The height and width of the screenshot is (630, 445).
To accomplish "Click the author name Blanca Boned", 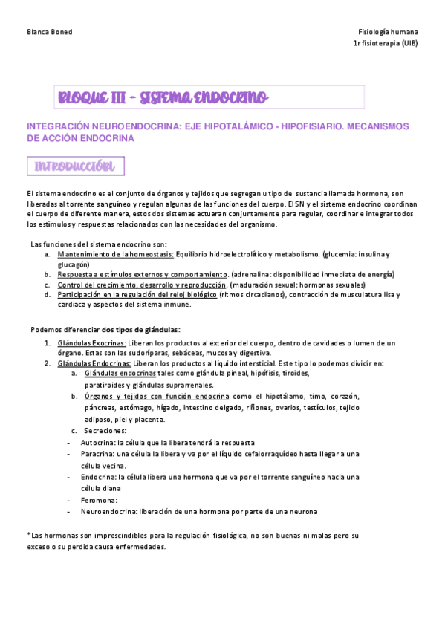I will click(49, 33).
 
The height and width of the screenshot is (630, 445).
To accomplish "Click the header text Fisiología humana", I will click(388, 33).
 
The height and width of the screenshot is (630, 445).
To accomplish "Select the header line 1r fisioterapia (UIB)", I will click(386, 43).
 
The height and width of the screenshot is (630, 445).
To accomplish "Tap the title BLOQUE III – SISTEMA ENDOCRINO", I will click(163, 97).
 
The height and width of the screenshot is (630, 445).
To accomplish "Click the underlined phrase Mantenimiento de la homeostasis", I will click(115, 254).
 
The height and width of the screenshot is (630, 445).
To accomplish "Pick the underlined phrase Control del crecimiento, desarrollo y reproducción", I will click(141, 285).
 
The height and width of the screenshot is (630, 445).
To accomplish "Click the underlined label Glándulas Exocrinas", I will click(91, 343).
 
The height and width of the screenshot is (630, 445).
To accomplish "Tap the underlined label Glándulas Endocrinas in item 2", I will click(93, 363).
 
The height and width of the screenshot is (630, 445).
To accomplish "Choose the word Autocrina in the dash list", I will click(99, 441).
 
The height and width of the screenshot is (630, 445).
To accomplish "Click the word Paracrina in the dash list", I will click(98, 453).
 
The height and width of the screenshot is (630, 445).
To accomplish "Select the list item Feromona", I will click(100, 501).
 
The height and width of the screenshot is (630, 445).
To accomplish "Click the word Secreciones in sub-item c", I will click(105, 430).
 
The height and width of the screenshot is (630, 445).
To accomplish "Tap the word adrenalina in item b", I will click(256, 274).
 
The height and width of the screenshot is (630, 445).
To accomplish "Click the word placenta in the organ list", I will click(149, 420).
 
